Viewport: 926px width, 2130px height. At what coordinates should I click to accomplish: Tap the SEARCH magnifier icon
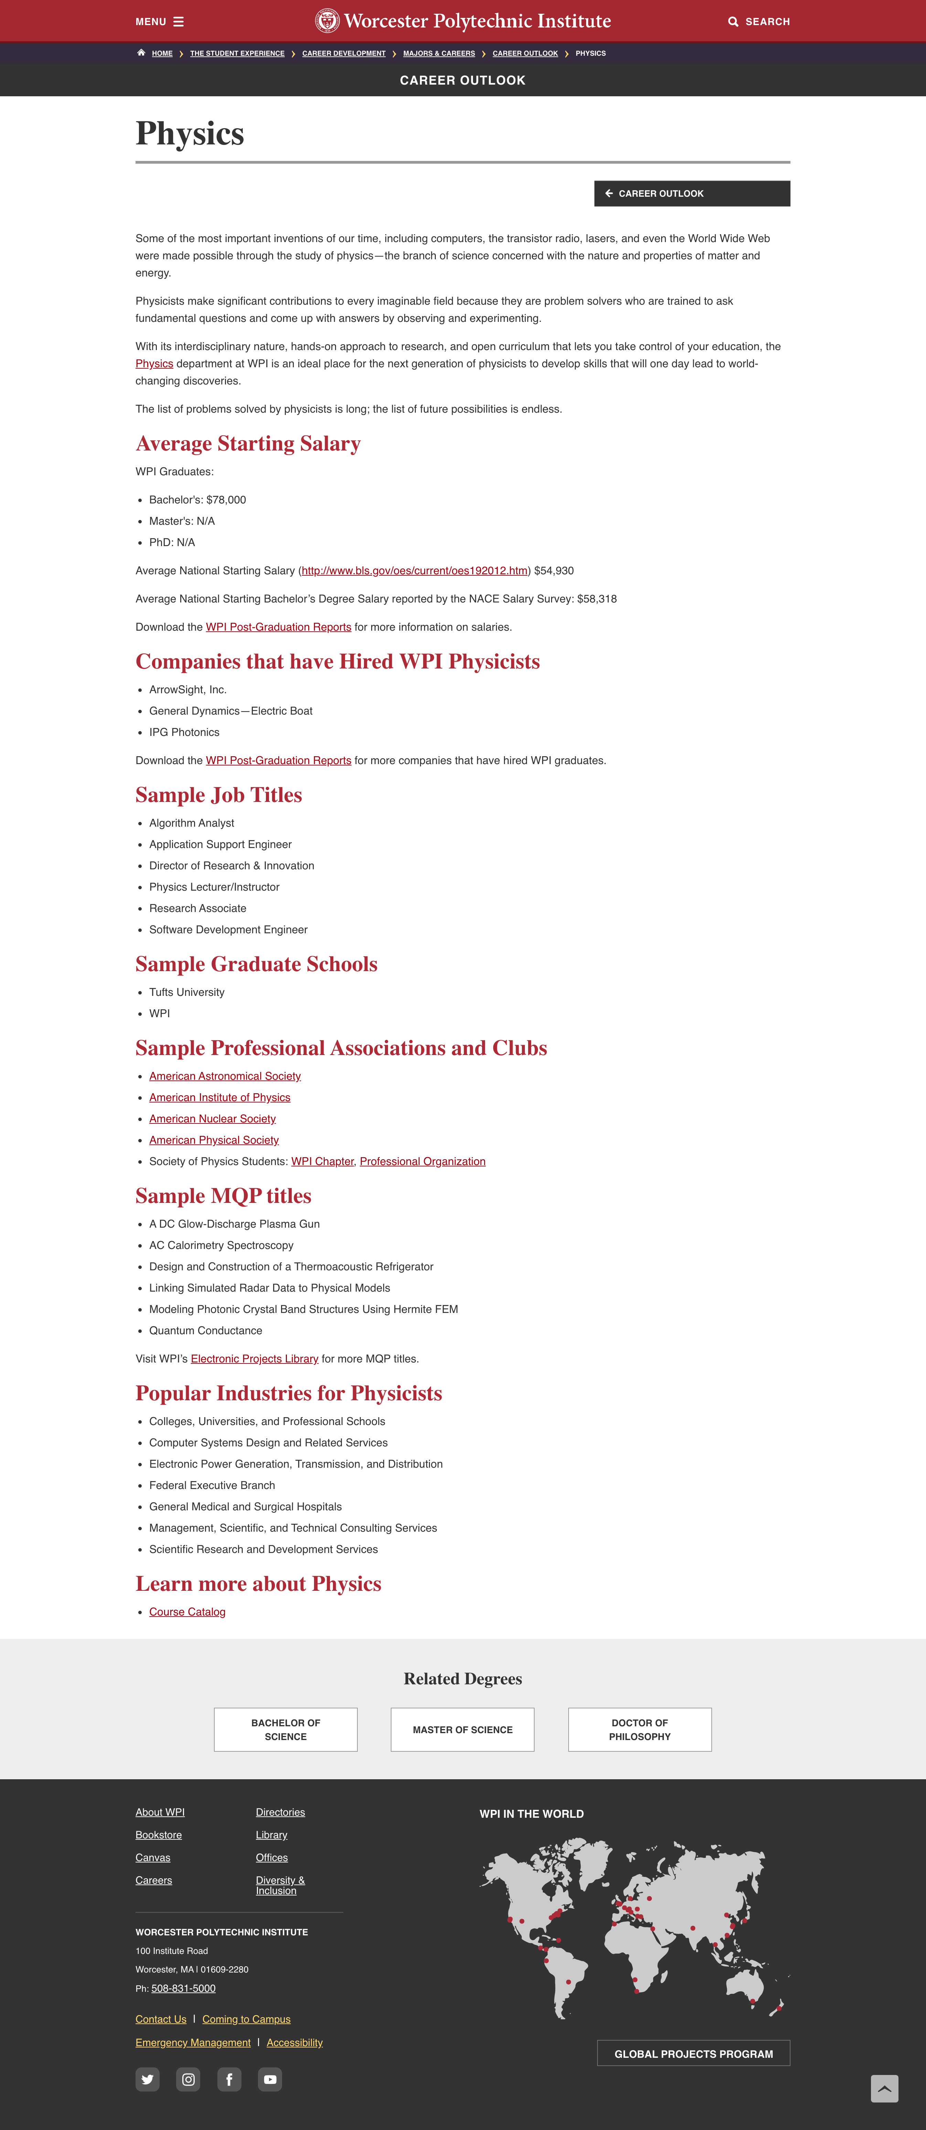point(733,22)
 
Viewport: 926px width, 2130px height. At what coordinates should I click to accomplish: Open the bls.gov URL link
point(414,570)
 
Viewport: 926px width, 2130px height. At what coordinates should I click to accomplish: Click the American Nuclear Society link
point(213,1119)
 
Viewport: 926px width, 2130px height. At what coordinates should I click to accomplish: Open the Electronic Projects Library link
point(255,1359)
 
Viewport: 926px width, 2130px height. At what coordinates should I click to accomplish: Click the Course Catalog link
point(187,1611)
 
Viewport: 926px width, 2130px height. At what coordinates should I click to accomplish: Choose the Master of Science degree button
point(462,1730)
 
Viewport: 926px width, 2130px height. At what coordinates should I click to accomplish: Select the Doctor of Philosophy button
point(639,1730)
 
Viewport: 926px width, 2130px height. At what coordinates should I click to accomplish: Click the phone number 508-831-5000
point(184,1989)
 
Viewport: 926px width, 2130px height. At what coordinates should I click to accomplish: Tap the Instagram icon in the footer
point(189,2079)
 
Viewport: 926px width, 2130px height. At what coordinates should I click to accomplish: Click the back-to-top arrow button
point(884,2089)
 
